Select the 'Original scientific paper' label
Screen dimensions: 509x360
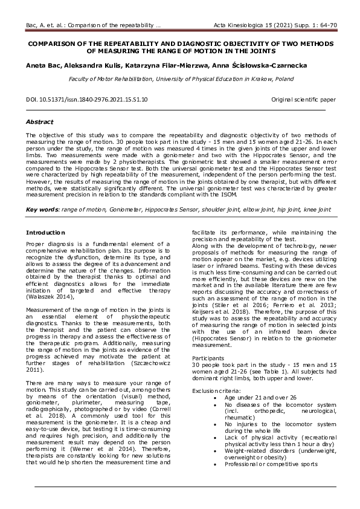(303, 99)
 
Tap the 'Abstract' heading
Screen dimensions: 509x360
(39, 122)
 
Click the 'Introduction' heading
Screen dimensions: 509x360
(46, 232)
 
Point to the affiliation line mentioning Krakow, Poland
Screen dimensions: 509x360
(181, 79)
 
